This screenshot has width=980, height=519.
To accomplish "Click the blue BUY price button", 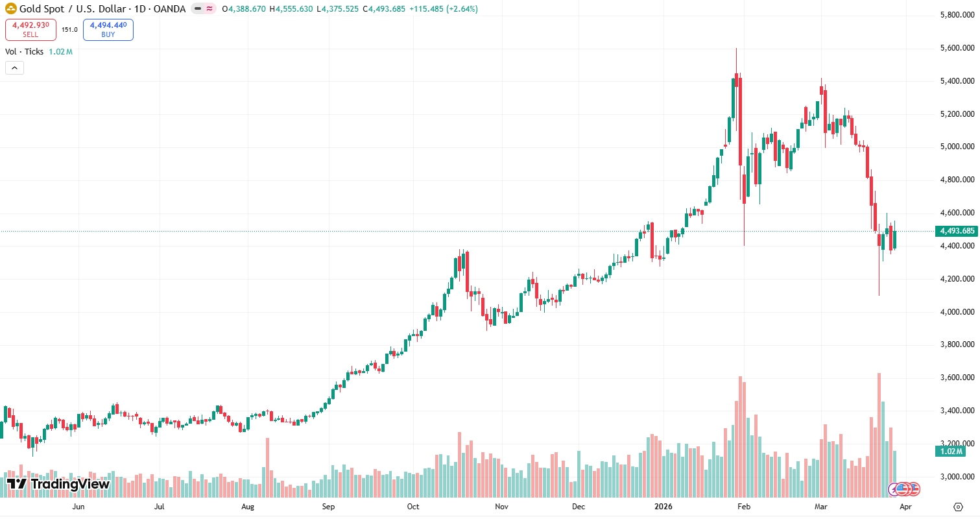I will [108, 30].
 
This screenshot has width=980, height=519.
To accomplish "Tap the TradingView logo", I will [58, 483].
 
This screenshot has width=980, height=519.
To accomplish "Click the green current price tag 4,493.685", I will [955, 231].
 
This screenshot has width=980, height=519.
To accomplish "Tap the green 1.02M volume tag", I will [950, 452].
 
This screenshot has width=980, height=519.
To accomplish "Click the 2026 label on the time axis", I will [663, 506].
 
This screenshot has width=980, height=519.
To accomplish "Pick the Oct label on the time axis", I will [413, 506].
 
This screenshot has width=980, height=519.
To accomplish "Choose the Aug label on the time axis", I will [247, 506].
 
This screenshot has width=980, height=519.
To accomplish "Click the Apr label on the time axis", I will [906, 506].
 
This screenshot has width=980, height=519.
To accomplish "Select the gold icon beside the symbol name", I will [11, 9].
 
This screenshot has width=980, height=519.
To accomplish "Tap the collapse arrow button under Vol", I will [14, 67].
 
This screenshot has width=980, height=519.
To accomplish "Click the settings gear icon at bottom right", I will [958, 506].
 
